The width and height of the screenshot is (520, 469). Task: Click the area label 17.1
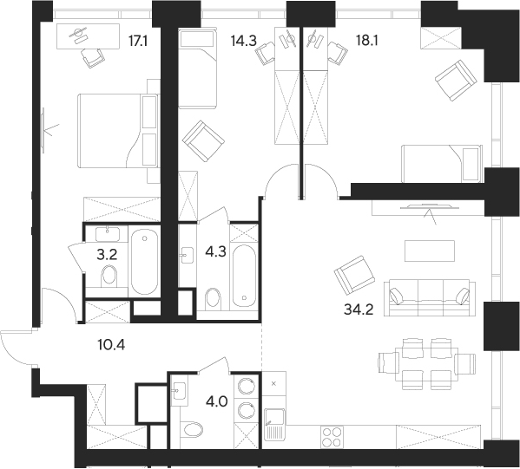pos(135,39)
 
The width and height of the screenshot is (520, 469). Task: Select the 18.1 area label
pos(359,39)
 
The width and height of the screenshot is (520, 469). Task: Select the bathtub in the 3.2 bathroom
pos(144,261)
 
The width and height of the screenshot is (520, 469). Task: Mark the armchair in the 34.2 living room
pos(352,276)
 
